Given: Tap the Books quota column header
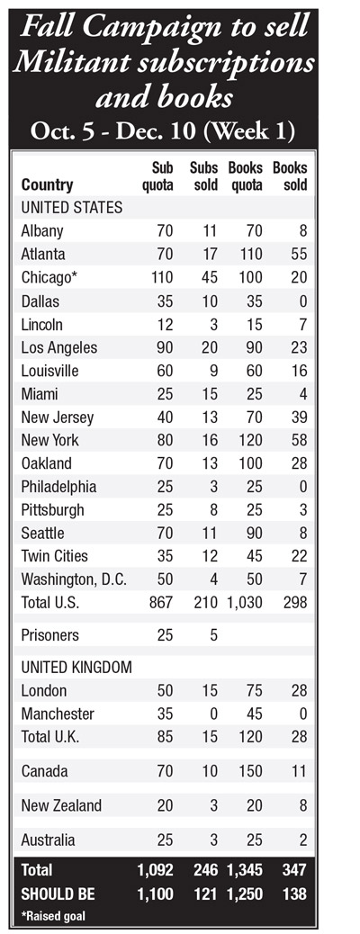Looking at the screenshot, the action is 245,175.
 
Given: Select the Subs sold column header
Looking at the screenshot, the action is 203,175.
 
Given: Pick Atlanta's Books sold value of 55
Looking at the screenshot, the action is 299,255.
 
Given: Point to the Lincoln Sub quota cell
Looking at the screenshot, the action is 165,325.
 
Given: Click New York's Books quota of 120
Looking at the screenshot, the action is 250,441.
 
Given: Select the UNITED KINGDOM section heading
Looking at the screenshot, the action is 76,668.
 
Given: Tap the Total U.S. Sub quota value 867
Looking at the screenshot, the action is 161,603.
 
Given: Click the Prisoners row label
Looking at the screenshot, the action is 49,635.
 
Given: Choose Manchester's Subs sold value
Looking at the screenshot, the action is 213,714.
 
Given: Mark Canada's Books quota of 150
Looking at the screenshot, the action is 250,771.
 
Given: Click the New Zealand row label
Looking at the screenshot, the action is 61,806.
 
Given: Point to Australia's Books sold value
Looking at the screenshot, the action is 302,840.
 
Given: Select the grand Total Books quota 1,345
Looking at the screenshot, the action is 245,871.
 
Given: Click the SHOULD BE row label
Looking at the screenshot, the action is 57,894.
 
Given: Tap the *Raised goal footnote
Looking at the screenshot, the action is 53,915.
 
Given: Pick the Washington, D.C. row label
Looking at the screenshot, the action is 73,579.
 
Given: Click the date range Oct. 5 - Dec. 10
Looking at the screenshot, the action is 112,131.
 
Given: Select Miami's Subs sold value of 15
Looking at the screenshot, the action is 210,394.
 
